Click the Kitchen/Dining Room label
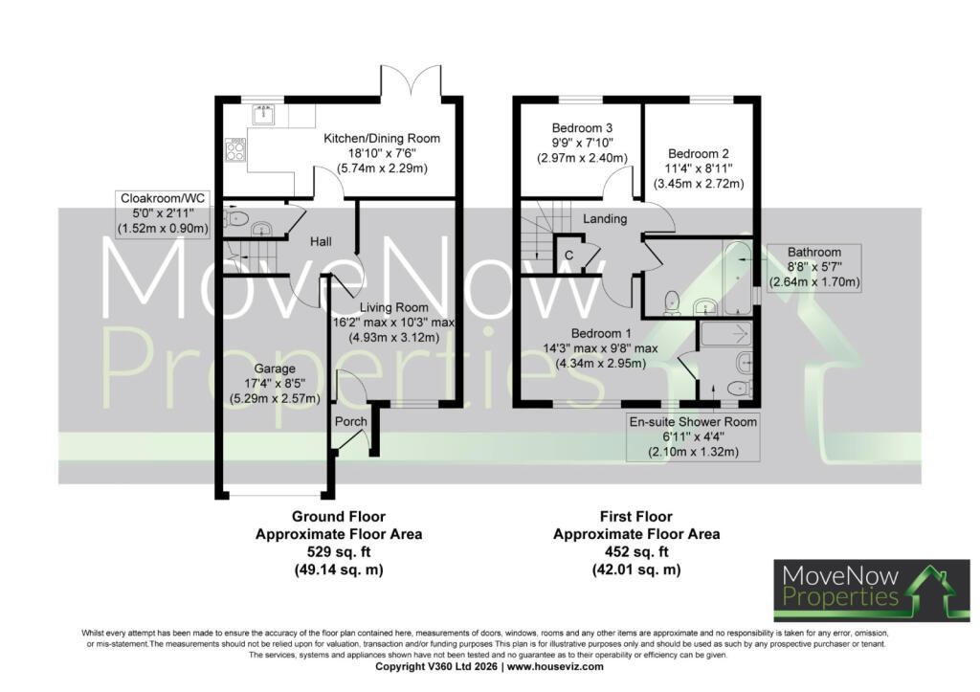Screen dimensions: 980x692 click(x=382, y=138)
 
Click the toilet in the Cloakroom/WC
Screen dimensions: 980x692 click(x=236, y=218)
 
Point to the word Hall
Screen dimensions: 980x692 click(x=322, y=242)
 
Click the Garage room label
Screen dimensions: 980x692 click(x=275, y=368)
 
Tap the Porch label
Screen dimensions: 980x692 click(x=350, y=421)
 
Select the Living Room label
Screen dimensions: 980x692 click(x=393, y=307)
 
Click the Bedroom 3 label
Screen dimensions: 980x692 click(x=583, y=128)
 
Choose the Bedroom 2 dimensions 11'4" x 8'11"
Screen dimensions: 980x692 click(x=699, y=168)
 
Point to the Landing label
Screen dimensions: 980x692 click(x=605, y=219)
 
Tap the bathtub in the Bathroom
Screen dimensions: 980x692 click(x=738, y=277)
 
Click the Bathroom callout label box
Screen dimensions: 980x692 click(x=814, y=268)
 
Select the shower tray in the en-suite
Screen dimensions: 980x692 click(x=725, y=334)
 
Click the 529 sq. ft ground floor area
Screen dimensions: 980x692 click(x=338, y=552)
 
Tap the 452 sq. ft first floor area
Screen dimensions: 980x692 click(x=636, y=552)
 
